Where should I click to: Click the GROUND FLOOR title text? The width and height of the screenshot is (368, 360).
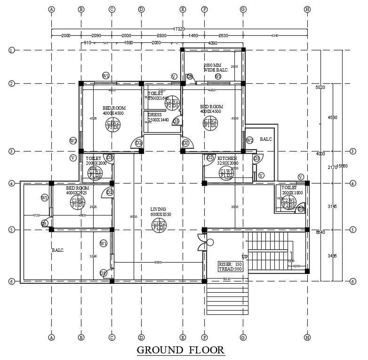click(181, 350)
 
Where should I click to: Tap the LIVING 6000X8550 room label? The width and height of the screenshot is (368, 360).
click(158, 211)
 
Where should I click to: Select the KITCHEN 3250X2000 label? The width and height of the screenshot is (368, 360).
click(227, 161)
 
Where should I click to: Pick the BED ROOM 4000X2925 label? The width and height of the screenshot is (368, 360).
click(78, 190)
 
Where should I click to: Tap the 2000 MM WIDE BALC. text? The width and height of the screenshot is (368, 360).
click(216, 67)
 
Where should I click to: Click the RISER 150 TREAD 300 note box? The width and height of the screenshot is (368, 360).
click(231, 267)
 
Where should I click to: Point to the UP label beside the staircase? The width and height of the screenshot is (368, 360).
click(245, 256)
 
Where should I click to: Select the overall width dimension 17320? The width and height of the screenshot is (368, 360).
click(179, 29)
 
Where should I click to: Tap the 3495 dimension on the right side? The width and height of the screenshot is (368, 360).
click(332, 256)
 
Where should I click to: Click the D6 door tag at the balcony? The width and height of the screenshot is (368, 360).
click(190, 76)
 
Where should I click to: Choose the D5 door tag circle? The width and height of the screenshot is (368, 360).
click(44, 224)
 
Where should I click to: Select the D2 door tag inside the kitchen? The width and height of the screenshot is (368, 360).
click(210, 158)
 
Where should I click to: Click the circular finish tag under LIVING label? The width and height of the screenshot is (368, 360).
click(159, 225)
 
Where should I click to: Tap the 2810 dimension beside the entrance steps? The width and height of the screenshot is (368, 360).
click(227, 279)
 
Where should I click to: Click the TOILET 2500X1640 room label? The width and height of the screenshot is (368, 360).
click(158, 96)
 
